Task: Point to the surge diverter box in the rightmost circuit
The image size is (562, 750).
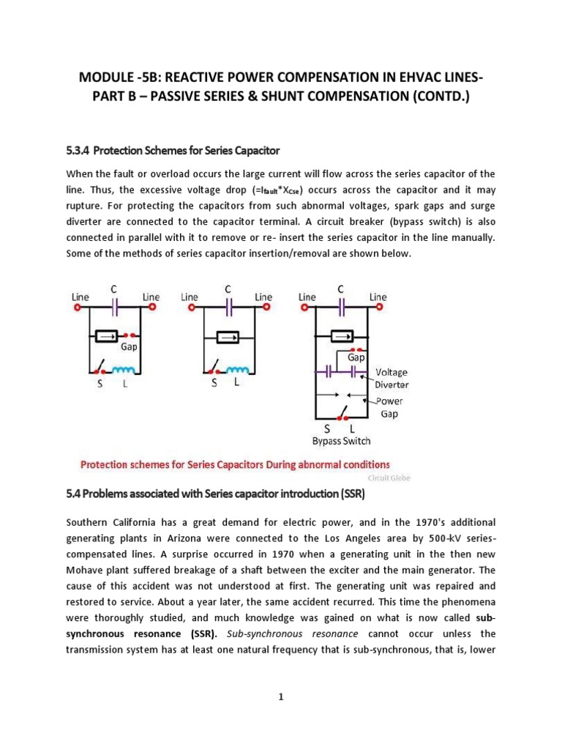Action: tap(342, 336)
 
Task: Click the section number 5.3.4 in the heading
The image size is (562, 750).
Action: tap(78, 150)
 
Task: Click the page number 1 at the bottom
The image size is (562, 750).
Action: tap(280, 697)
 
